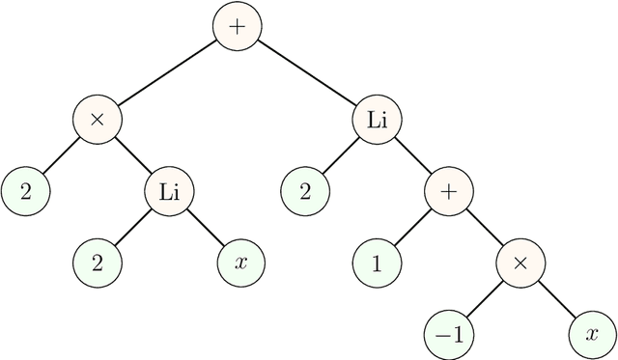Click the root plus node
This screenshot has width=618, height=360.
tap(238, 25)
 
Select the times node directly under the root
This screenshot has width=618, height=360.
tap(98, 120)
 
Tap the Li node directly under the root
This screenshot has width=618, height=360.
tap(378, 120)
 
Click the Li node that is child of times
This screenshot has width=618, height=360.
tap(168, 190)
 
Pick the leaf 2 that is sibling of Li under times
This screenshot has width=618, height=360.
tap(26, 190)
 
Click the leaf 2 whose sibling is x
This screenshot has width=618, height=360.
tap(98, 262)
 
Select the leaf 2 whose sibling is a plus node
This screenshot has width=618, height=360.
tap(306, 190)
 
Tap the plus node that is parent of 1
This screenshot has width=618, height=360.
tap(448, 190)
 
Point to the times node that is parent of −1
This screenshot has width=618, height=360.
tap(520, 262)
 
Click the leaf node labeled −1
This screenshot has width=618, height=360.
tap(448, 333)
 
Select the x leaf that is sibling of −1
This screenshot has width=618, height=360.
tap(590, 333)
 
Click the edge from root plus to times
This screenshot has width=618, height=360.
tap(167, 72)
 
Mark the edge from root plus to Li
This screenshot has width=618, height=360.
tap(308, 72)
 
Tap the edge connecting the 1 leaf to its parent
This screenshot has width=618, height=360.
tap(412, 226)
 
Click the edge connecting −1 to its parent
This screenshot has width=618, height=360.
tap(484, 297)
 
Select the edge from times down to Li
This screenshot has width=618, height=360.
tap(133, 155)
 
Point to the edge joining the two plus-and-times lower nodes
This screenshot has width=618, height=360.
tap(484, 226)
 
